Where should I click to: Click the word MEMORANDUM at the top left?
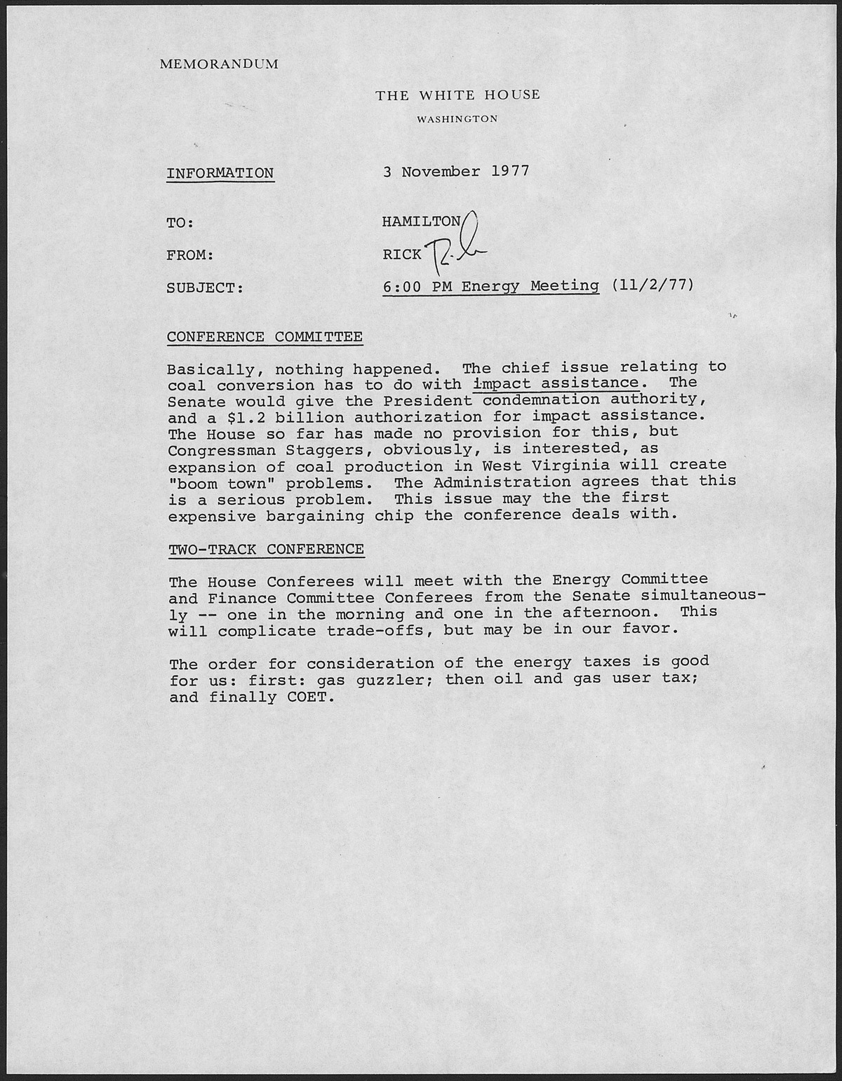point(219,64)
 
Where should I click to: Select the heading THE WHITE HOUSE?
point(457,95)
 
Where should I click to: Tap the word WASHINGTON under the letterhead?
point(457,119)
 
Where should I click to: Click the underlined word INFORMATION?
point(220,173)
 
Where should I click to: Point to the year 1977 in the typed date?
point(509,171)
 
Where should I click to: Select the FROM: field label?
point(189,255)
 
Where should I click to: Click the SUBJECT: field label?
point(205,287)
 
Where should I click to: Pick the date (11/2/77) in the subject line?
point(653,285)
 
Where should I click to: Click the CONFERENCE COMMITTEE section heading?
point(265,337)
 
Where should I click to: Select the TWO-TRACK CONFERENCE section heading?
point(266,549)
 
